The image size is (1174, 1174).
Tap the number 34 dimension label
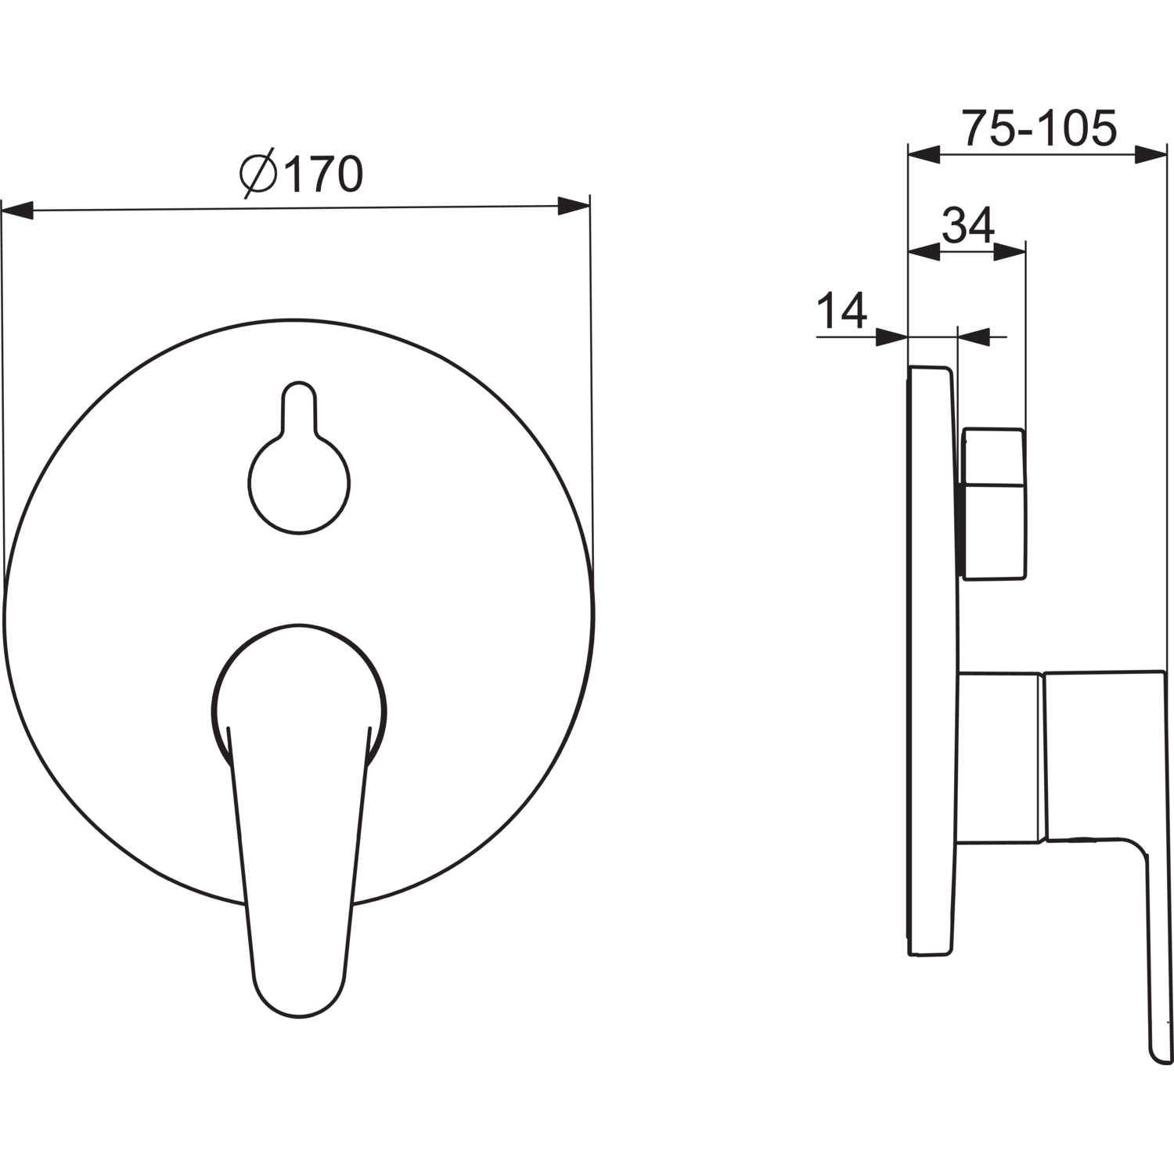tap(967, 225)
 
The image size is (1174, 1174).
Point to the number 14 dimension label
tap(842, 311)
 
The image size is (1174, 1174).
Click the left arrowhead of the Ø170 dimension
tap(17, 210)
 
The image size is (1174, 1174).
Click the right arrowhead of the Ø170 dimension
tap(573, 207)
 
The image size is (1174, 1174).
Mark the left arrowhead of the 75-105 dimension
tap(923, 154)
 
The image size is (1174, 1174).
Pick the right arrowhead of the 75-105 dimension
tap(1151, 154)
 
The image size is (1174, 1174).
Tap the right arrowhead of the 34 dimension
tap(1009, 251)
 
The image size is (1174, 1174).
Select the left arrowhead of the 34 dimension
tap(923, 251)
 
